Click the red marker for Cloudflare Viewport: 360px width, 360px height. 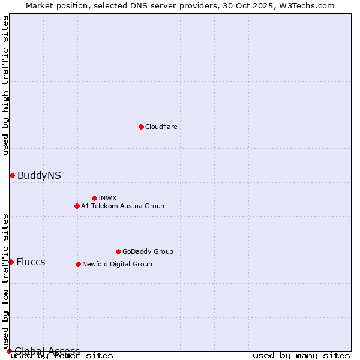coord(141,127)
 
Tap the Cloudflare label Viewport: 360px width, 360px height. coord(161,127)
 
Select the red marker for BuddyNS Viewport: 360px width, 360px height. coord(12,175)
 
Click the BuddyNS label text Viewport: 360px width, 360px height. coord(39,175)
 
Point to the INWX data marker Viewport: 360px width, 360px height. coord(94,198)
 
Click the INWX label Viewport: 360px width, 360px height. coord(107,198)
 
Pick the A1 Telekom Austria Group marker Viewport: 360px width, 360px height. coord(77,206)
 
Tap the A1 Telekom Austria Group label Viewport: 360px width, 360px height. coord(122,206)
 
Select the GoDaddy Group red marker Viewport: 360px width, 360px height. coord(118,251)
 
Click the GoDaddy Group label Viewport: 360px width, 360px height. coord(148,251)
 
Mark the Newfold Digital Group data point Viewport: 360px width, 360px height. coord(78,264)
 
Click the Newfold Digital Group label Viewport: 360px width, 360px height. coord(117,264)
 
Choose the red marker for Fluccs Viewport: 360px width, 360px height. coord(11,262)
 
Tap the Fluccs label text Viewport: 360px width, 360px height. coord(31,262)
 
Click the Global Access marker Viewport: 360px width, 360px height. coord(9,351)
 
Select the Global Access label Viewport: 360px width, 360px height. coord(47,351)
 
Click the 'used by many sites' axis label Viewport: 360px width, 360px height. coord(301,355)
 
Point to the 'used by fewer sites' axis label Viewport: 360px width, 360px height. coord(62,355)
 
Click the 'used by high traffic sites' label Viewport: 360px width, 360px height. coord(6,85)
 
